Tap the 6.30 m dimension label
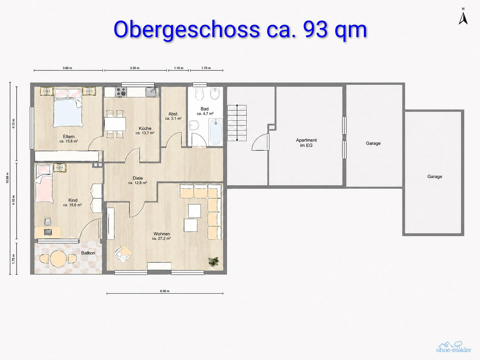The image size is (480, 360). coord(165,291)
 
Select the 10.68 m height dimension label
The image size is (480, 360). coord(7,178)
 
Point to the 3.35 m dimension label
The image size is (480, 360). coord(134,68)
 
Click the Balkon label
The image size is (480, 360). coord(88,253)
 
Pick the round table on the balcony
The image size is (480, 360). coord(58,258)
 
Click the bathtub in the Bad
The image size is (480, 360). coord(216,132)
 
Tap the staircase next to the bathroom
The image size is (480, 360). coord(237,123)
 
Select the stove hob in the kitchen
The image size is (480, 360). coord(121,92)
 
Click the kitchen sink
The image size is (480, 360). coord(152,92)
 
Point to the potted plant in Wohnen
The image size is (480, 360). coord(213,262)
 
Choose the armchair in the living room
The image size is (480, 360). coord(123,254)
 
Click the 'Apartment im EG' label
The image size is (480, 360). coord(306,143)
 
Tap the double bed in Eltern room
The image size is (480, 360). coord(68,108)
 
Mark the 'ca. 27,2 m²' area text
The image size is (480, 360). coord(161,238)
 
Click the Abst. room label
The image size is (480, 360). coord(173,114)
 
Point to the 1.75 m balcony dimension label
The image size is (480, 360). coord(14,259)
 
